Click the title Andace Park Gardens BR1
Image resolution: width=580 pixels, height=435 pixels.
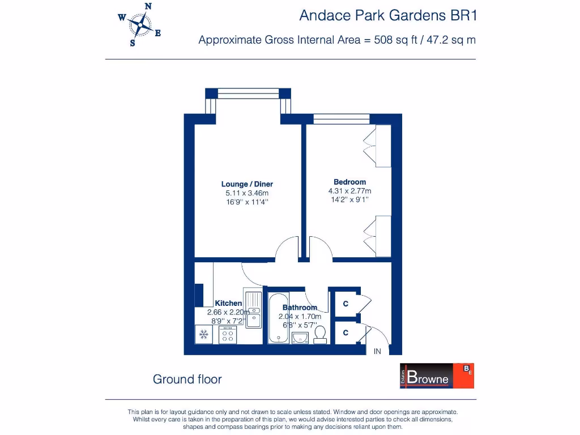click(x=388, y=16)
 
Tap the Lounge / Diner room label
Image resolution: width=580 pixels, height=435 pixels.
click(x=247, y=184)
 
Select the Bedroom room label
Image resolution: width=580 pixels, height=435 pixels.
click(x=349, y=182)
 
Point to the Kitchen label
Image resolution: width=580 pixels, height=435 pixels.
click(x=228, y=304)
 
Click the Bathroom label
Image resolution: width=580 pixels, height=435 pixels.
click(x=300, y=308)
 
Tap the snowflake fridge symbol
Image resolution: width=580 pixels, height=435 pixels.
click(x=203, y=335)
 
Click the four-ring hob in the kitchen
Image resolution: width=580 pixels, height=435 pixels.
click(x=228, y=335)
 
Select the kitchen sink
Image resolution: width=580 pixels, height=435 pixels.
click(x=253, y=309)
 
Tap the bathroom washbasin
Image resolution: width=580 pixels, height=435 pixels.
click(x=300, y=338)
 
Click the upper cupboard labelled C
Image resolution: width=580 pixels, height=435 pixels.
click(x=346, y=304)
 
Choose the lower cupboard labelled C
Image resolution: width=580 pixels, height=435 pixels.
click(x=346, y=333)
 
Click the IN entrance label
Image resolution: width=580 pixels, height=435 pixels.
click(x=377, y=352)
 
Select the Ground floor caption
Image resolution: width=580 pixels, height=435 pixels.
click(x=187, y=379)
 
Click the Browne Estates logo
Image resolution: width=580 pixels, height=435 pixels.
click(x=437, y=376)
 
